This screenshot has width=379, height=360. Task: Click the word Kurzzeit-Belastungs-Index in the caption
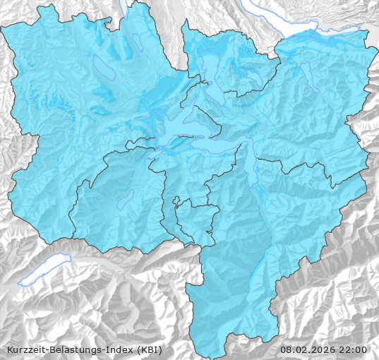click(68, 349)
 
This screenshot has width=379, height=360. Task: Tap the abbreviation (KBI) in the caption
click(150, 349)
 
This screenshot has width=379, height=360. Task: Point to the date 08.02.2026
click(307, 349)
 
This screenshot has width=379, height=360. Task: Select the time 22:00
click(354, 349)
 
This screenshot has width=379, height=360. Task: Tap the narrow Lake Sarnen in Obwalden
click(126, 200)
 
